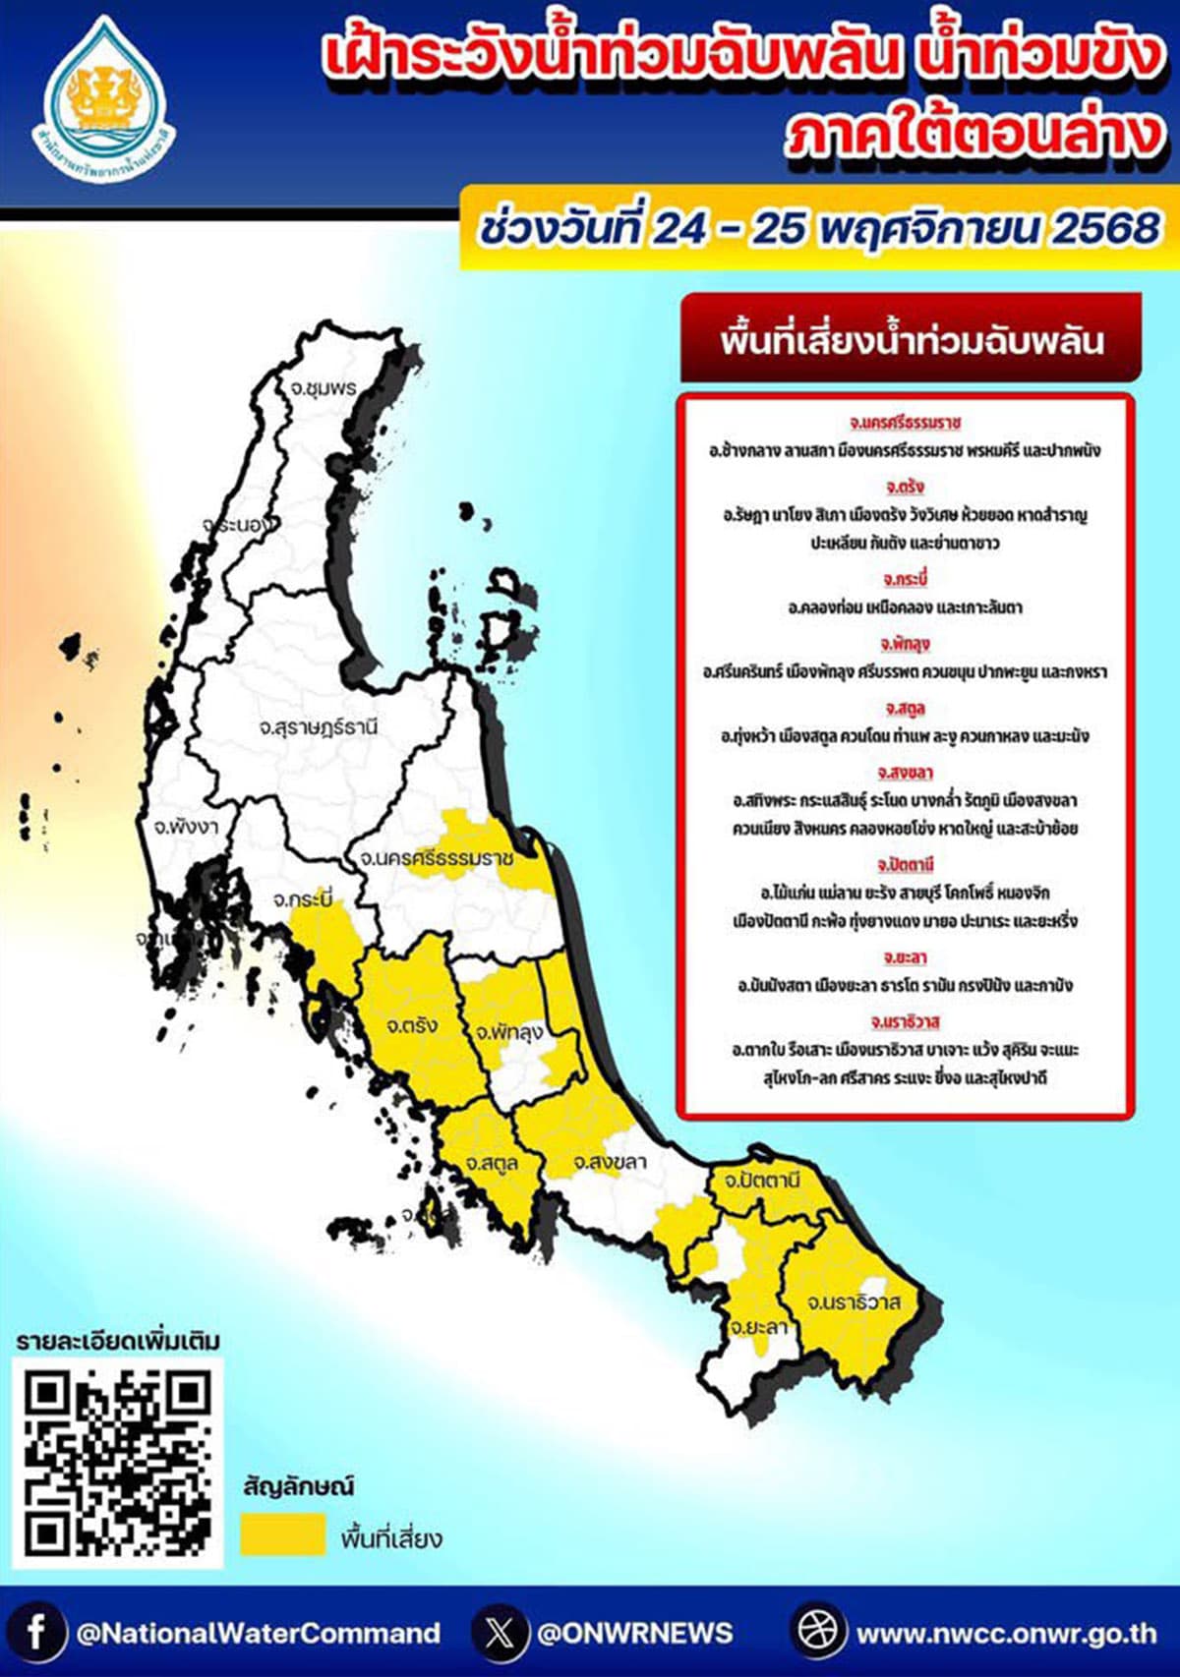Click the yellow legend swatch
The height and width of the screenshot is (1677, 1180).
point(282,1534)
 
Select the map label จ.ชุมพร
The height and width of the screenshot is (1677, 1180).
point(324,388)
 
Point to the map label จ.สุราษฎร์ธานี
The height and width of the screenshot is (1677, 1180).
point(318,728)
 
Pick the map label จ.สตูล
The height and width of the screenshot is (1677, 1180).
point(492,1164)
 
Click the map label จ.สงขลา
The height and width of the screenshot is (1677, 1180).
point(610,1162)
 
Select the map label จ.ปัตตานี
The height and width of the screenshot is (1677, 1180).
point(761,1180)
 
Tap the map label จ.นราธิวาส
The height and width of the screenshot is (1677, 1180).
point(854,1302)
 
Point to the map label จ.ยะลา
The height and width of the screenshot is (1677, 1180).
point(758,1327)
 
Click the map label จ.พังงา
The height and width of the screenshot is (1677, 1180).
point(185,827)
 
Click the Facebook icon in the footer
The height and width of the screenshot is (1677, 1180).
point(35,1633)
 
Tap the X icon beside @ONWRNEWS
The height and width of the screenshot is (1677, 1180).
point(500,1633)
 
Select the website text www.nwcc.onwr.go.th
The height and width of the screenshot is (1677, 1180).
point(1005,1633)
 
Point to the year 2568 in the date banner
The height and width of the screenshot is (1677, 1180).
point(1106,229)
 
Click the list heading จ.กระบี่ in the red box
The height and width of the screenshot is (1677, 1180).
point(905,579)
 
